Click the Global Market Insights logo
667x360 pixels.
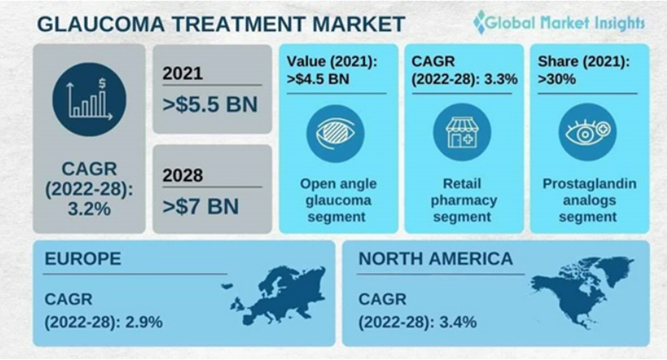click(x=559, y=22)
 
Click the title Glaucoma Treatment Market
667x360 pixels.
click(x=221, y=24)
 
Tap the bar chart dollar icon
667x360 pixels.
click(x=89, y=100)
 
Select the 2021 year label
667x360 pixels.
click(x=183, y=73)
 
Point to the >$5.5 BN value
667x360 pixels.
click(x=210, y=105)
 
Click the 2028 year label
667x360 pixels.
click(x=183, y=175)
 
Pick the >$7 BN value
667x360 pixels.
click(x=200, y=206)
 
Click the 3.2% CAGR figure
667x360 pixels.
click(x=89, y=209)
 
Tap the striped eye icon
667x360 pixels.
click(x=336, y=133)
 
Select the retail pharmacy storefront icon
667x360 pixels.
click(x=462, y=132)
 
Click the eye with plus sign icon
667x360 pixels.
click(x=588, y=132)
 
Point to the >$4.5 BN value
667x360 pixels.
click(x=318, y=79)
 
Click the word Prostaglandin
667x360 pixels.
click(x=589, y=184)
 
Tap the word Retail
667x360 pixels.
click(x=462, y=184)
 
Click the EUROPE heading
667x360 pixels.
click(x=83, y=259)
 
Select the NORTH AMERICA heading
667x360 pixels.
click(x=435, y=259)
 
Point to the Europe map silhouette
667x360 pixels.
click(x=276, y=295)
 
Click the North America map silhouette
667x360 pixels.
click(x=582, y=291)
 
